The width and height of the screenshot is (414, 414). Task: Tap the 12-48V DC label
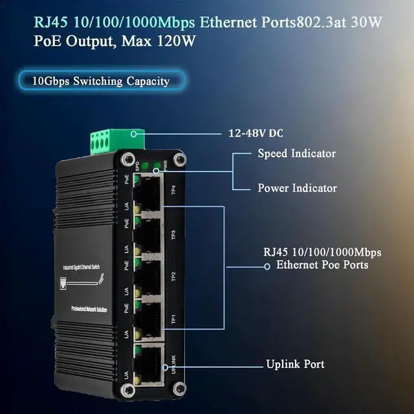[256, 134]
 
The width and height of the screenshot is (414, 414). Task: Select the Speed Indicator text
[296, 153]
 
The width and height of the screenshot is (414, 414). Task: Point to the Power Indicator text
[297, 188]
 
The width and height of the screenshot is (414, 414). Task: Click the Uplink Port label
[295, 364]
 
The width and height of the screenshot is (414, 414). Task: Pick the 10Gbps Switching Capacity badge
[101, 81]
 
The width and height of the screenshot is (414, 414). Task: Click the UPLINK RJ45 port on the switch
[149, 362]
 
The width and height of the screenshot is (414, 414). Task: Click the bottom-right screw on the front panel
[175, 389]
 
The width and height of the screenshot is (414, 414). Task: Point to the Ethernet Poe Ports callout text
[322, 265]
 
